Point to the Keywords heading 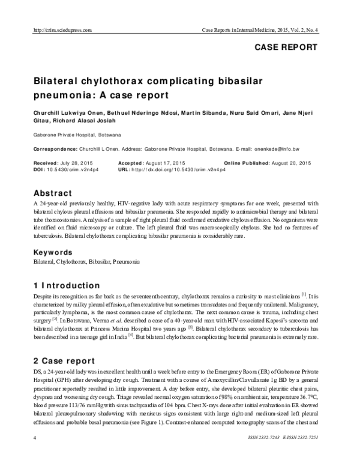tap(56, 253)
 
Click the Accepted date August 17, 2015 tap(169, 163)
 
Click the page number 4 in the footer tap(35, 456)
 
